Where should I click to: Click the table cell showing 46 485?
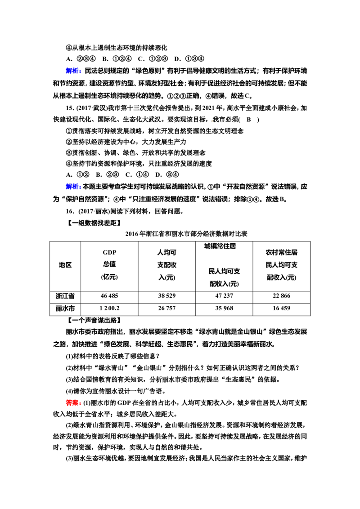(x=109, y=296)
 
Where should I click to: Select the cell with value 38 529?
(x=166, y=296)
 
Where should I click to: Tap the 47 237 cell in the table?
(x=224, y=296)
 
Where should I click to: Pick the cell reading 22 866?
(x=281, y=296)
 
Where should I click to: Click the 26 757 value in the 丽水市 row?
(x=166, y=308)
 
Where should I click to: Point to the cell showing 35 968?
(x=224, y=308)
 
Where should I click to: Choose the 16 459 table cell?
(x=281, y=308)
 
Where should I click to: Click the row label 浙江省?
(x=65, y=296)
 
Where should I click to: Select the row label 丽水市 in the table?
(x=65, y=308)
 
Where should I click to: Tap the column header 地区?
(x=65, y=265)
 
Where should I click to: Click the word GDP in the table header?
(x=109, y=253)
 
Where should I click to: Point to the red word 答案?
(x=73, y=403)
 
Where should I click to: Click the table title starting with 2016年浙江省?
(x=186, y=234)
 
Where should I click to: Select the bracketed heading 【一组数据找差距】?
(x=94, y=223)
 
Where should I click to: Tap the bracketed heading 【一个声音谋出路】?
(x=94, y=321)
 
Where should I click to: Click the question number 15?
(x=70, y=108)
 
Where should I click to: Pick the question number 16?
(x=70, y=211)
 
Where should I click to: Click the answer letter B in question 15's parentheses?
(x=248, y=120)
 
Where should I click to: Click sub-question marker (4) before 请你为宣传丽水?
(x=70, y=391)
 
